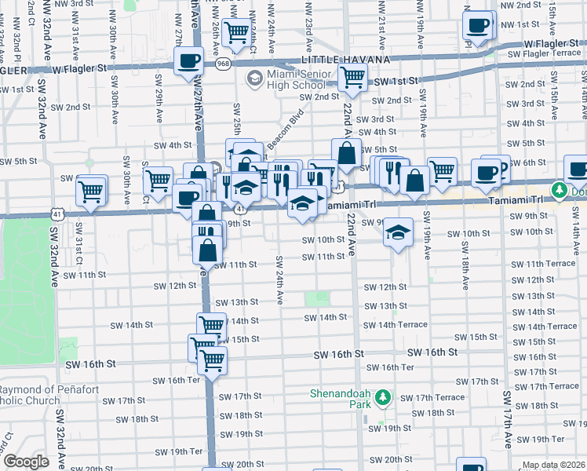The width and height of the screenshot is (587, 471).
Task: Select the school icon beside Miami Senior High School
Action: [x=253, y=78]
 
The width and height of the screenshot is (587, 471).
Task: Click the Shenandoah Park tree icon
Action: [x=383, y=398]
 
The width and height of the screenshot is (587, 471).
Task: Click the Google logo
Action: [x=27, y=462]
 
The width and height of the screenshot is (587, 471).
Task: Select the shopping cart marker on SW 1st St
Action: [x=352, y=77]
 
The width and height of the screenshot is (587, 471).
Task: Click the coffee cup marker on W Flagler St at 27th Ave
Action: [x=188, y=61]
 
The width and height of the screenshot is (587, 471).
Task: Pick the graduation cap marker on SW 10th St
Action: [x=399, y=232]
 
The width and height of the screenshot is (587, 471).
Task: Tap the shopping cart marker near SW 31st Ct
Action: [x=91, y=189]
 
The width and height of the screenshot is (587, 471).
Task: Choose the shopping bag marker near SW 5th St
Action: [x=346, y=153]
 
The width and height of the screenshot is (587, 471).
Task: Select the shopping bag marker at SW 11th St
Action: [x=209, y=251]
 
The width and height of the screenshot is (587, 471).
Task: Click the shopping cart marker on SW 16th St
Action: [x=211, y=361]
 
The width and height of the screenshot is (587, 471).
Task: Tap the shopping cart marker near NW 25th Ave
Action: [x=236, y=32]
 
